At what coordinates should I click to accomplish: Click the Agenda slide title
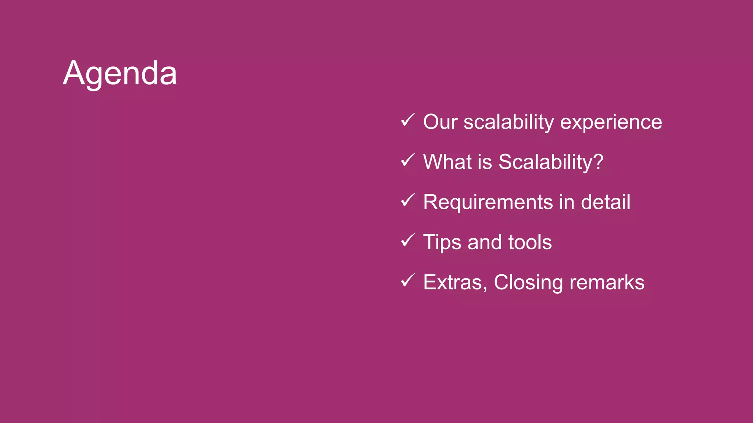(120, 73)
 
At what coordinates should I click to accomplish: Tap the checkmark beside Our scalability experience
(407, 120)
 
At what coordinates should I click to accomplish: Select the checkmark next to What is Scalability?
(407, 160)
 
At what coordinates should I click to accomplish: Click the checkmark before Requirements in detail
(407, 200)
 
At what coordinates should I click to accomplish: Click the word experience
(611, 122)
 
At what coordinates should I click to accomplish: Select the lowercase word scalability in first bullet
(508, 122)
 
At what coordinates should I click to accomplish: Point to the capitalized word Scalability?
(550, 162)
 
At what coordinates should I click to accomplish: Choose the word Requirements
(488, 202)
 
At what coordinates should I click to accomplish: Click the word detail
(606, 202)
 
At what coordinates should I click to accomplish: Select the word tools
(530, 242)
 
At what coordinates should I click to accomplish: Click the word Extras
(455, 282)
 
